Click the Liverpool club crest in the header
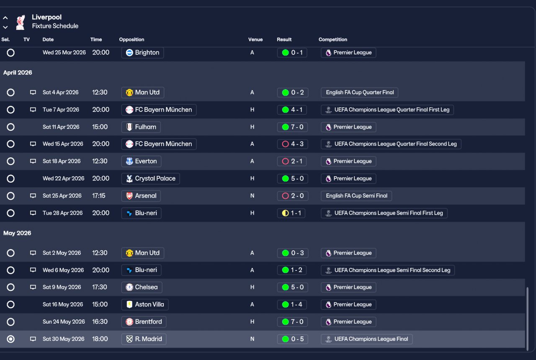tap(21, 22)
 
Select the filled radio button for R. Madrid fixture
tap(10, 339)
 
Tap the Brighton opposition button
tap(143, 53)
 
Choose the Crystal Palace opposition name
tap(155, 178)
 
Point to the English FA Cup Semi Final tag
tap(356, 195)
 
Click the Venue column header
tap(255, 39)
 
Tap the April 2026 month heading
tap(18, 72)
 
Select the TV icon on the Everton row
tap(33, 161)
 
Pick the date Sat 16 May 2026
tap(63, 304)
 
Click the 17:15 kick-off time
tap(98, 195)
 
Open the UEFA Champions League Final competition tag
tap(366, 339)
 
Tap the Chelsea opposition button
tap(142, 287)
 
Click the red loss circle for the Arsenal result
tap(285, 196)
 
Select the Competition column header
tap(332, 39)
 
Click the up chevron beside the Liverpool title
tap(5, 18)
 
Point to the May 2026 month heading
tap(17, 233)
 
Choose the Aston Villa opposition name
tap(149, 304)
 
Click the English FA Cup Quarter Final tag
tap(359, 93)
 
